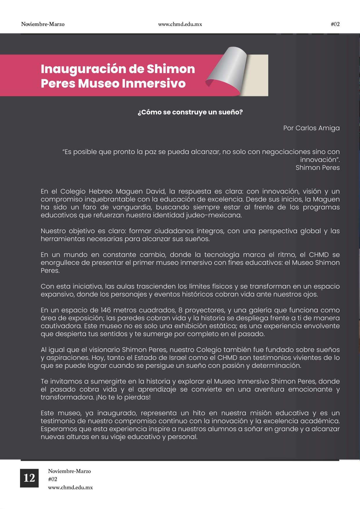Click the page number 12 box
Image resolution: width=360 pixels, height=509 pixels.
[x=29, y=478]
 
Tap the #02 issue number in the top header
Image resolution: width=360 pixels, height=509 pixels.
[x=335, y=24]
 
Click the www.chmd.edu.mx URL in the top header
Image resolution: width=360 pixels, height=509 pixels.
[x=180, y=24]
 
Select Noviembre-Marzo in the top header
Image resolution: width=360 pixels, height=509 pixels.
[x=43, y=24]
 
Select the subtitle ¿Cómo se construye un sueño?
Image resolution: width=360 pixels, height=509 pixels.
[x=190, y=112]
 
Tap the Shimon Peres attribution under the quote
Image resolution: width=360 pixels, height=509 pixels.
[x=318, y=168]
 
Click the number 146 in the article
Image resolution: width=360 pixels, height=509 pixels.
[x=106, y=310]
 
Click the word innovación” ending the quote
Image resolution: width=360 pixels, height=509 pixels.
[x=320, y=160]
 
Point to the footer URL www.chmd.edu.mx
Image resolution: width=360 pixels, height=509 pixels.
[x=70, y=488]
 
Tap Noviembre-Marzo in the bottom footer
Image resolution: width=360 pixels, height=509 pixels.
[x=69, y=471]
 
